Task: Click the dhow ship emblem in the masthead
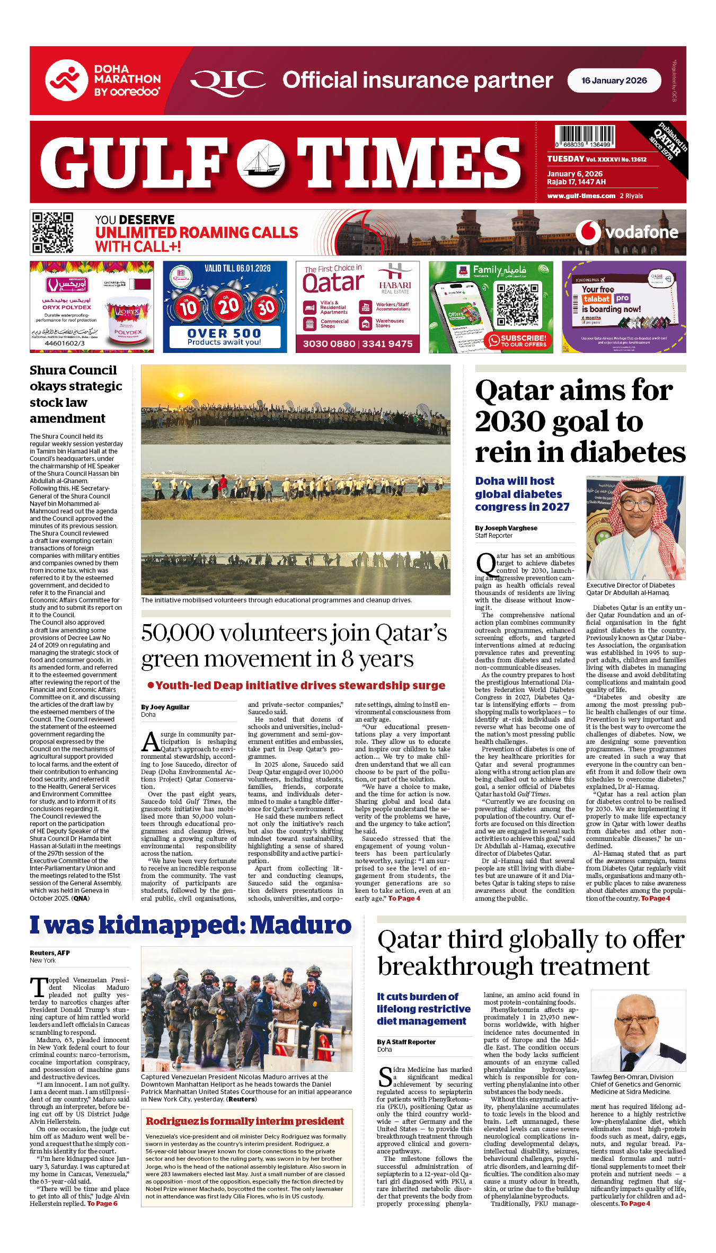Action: click(x=260, y=163)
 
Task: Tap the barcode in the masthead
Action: click(x=585, y=136)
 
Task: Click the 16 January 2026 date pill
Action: click(x=614, y=81)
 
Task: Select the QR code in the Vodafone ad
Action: click(x=52, y=233)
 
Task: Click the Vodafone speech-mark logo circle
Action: click(x=588, y=232)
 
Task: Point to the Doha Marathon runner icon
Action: click(x=66, y=80)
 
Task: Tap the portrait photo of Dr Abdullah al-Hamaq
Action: click(x=635, y=528)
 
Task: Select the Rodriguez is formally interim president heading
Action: click(x=245, y=1121)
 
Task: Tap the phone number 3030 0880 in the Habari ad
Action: click(x=329, y=344)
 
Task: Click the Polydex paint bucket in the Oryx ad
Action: click(x=128, y=323)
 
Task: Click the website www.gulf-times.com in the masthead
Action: click(x=581, y=195)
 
